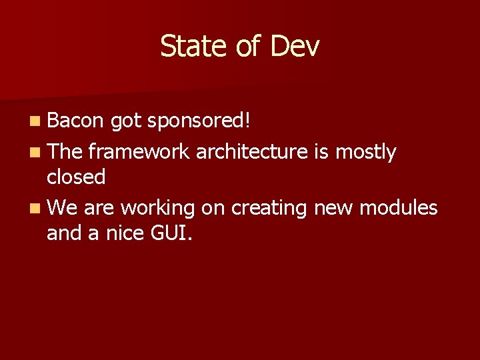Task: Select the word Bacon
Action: coord(75,121)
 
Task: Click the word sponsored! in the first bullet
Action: coord(199,121)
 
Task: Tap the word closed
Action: coord(76,177)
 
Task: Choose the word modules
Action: coord(398,208)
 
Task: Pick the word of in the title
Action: coord(243,47)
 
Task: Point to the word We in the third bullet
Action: coord(62,208)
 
